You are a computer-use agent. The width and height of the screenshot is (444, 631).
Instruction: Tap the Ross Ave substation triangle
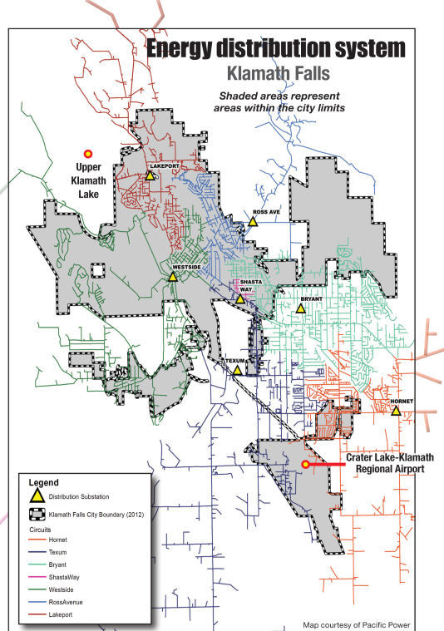pyautogui.click(x=254, y=221)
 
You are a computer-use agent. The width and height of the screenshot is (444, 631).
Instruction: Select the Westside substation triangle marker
pyautogui.click(x=172, y=276)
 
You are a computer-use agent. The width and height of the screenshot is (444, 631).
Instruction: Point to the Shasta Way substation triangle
pyautogui.click(x=239, y=298)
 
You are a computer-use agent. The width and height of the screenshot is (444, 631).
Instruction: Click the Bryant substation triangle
pyautogui.click(x=300, y=308)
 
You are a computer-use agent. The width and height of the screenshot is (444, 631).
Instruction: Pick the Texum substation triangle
pyautogui.click(x=237, y=370)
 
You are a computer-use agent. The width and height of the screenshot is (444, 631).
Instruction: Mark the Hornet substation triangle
pyautogui.click(x=397, y=411)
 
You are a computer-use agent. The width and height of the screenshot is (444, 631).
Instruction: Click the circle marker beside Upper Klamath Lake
pyautogui.click(x=87, y=153)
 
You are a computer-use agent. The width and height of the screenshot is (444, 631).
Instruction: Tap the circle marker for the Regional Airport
pyautogui.click(x=305, y=464)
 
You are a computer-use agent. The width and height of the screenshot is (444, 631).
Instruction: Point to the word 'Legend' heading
pyautogui.click(x=43, y=482)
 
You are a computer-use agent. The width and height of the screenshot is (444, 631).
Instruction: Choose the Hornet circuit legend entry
pyautogui.click(x=58, y=540)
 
